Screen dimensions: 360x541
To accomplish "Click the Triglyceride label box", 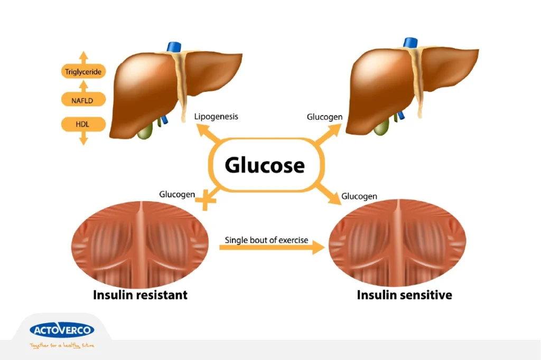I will point(83,72).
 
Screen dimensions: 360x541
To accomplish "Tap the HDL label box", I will point(83,125).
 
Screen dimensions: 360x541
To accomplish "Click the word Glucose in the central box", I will point(265,165).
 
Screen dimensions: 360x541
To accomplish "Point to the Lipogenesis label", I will point(216,117).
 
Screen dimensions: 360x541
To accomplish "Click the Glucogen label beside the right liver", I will point(324,117).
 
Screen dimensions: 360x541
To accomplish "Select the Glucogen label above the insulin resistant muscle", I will point(177,194).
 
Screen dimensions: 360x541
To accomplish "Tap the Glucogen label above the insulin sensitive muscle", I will point(359,196).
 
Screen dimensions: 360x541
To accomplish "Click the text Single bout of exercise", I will point(266,240).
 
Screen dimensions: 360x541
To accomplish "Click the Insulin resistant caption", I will point(140,295).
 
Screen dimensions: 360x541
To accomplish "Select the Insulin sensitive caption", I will point(404,295).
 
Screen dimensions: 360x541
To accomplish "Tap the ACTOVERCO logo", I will point(62,330).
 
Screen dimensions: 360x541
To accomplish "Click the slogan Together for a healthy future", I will point(62,346).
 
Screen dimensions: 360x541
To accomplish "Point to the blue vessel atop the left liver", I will point(174,46).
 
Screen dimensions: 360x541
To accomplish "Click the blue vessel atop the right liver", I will point(411,43).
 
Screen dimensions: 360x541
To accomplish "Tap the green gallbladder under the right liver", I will point(381,128).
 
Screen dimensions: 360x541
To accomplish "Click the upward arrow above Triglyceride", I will point(83,58).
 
